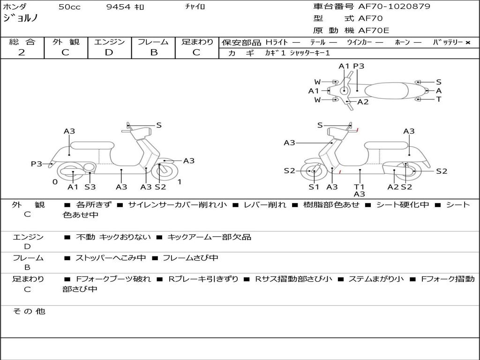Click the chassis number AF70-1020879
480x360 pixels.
point(394,6)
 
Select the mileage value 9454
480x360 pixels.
point(118,7)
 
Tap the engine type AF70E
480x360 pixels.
point(374,30)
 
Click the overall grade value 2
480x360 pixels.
point(22,52)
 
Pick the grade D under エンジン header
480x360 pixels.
point(109,52)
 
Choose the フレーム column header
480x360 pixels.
point(153,42)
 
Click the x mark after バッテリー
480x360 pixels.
point(468,43)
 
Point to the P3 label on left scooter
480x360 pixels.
point(37,164)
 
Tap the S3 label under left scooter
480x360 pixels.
point(90,187)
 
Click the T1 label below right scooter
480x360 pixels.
point(359,187)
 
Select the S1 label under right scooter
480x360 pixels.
point(314,187)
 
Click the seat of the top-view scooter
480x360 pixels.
point(386,91)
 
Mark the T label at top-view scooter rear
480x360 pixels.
point(439,99)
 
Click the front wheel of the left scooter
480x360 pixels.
point(166,172)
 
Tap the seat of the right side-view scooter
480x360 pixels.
point(386,146)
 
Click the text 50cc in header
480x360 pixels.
point(69,7)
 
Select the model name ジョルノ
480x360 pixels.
point(21,18)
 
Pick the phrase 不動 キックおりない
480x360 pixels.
point(113,237)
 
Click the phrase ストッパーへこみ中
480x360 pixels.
point(111,258)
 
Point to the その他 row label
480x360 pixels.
point(29,311)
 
